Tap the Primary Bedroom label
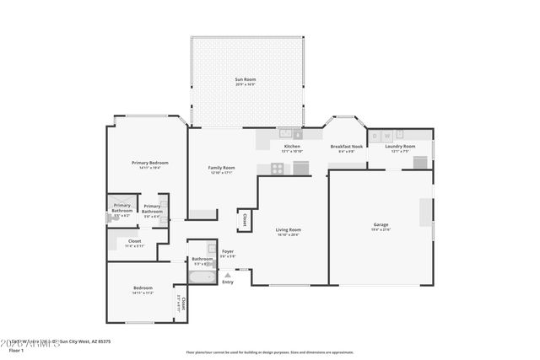coord(149,163)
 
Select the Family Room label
coord(222,168)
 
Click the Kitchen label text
coord(292,147)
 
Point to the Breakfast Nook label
coord(346,147)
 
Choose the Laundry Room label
coord(400,147)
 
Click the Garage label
coord(381,226)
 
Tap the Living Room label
coord(289,229)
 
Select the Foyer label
coord(228,251)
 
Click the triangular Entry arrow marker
coord(228,274)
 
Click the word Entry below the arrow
coord(228,282)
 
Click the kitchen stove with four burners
coord(277,168)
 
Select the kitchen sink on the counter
coord(286,132)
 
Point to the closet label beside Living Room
coord(245,218)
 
